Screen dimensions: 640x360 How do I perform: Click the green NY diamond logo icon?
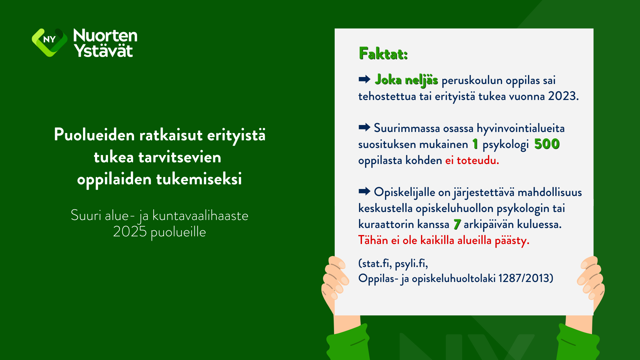tap(49, 42)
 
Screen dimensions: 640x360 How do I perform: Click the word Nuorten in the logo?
tap(105, 35)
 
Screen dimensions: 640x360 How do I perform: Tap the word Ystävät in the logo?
tap(103, 50)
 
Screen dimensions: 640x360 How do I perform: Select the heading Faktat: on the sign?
tap(383, 54)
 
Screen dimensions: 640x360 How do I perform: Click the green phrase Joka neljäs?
tap(406, 80)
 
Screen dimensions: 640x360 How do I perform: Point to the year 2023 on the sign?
tap(562, 96)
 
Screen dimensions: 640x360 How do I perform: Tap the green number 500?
tap(547, 144)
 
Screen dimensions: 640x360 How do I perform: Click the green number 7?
tap(457, 224)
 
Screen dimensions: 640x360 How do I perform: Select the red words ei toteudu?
tap(472, 160)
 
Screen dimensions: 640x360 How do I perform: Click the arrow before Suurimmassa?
tap(364, 127)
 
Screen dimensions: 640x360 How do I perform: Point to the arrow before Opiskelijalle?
tap(364, 191)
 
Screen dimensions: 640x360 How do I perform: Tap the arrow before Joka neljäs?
tap(364, 79)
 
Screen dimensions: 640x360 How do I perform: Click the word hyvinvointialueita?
tap(521, 128)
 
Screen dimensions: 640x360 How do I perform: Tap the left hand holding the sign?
tap(335, 283)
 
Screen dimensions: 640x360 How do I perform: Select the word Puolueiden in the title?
tap(94, 135)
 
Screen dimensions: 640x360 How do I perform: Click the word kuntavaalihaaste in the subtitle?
tap(200, 216)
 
